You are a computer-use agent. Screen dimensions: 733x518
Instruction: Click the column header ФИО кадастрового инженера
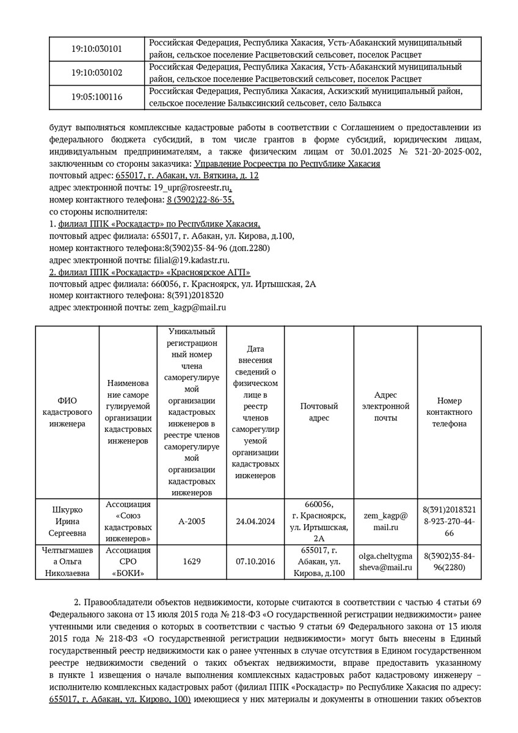67,412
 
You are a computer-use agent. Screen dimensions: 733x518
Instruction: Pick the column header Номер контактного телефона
449,412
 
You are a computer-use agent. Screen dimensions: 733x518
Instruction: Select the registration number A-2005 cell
192,522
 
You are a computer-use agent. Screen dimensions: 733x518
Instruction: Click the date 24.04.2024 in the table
255,522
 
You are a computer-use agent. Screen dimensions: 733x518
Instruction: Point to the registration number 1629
192,561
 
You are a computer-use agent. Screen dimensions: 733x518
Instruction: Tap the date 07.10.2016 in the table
255,561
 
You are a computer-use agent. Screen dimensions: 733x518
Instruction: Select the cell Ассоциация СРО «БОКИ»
128,561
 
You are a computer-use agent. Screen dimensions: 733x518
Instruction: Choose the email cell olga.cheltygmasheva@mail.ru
385,561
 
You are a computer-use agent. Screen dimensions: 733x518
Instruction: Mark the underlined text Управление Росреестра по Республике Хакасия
286,164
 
